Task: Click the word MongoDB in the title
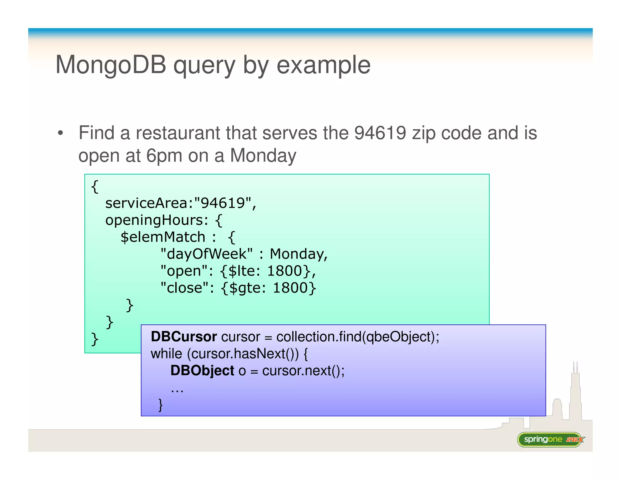(111, 65)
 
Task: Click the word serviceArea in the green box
(147, 203)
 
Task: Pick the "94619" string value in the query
(223, 203)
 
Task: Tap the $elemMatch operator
(163, 237)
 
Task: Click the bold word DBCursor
(183, 337)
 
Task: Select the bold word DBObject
(202, 371)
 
